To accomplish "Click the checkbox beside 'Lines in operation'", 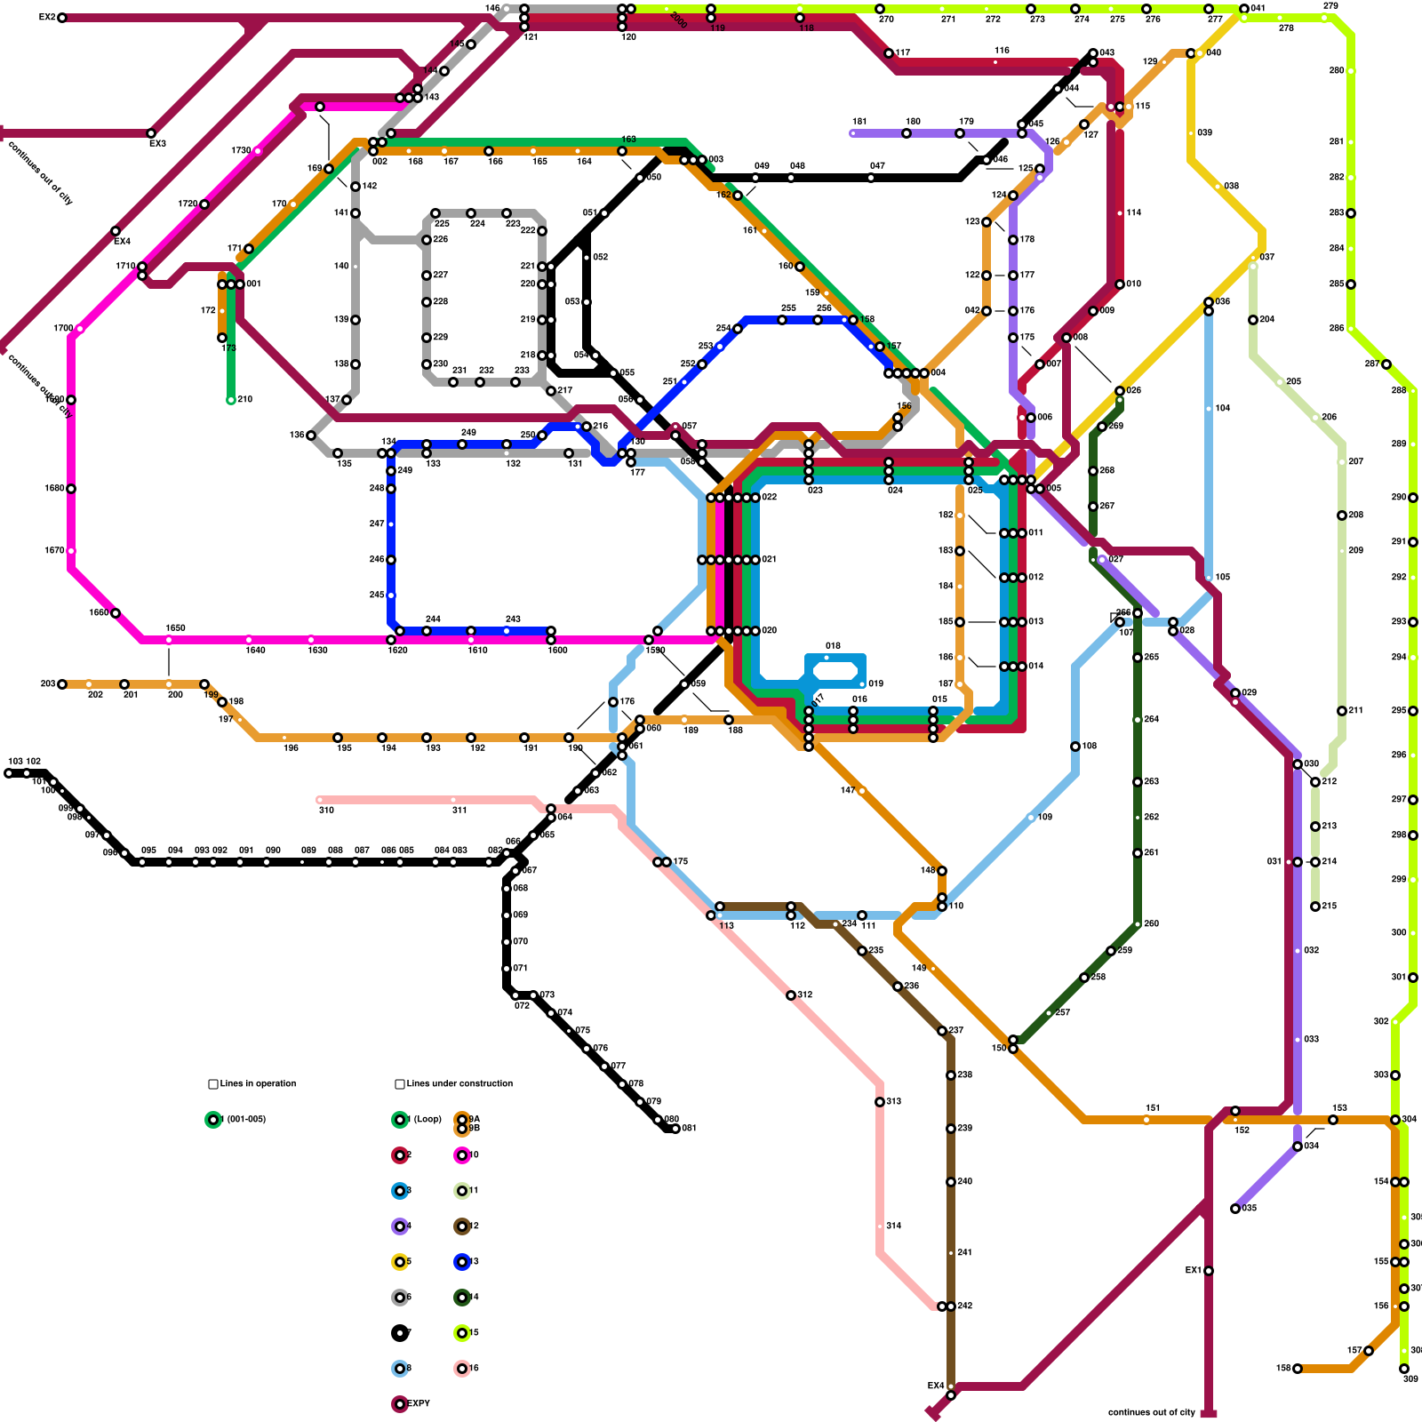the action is [x=213, y=1084].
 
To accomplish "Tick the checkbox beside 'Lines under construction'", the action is [x=400, y=1084].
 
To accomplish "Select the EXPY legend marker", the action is [x=400, y=1404].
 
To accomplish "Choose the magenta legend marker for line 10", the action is [x=462, y=1155].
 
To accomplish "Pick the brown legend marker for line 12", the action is [x=462, y=1226].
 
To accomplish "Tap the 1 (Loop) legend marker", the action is [x=400, y=1120].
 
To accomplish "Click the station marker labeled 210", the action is [x=231, y=400].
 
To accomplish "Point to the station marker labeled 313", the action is [x=880, y=1102].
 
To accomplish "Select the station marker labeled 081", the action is [x=675, y=1129].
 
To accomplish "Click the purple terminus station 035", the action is [x=1235, y=1209].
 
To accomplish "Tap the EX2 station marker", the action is [x=62, y=18].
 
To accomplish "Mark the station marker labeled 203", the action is [x=62, y=684].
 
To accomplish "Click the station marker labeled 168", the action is [x=1298, y=1369].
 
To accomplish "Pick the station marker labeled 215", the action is [x=1315, y=907].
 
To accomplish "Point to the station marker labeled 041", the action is [x=1244, y=9].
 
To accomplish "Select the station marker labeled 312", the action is [x=791, y=995].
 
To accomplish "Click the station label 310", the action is [x=326, y=811].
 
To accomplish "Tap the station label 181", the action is [x=859, y=122].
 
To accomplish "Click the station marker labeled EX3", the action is [x=151, y=133].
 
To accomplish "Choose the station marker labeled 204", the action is [x=1253, y=320].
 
